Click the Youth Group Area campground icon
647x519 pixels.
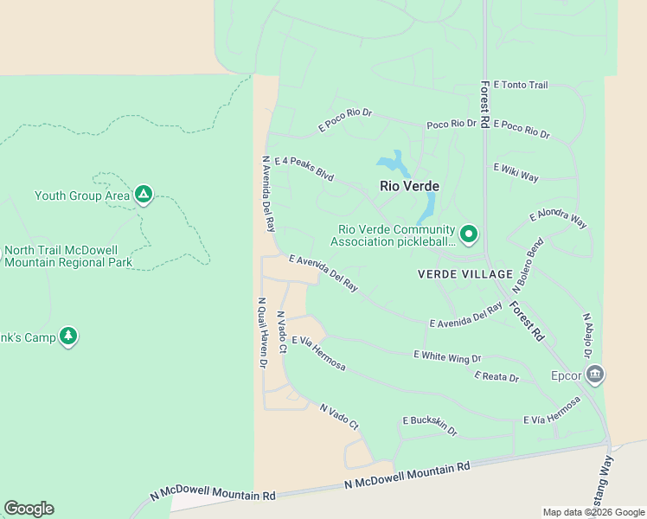144,195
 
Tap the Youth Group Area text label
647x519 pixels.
81,195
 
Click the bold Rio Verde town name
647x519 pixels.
409,186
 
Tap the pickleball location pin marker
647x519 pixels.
469,234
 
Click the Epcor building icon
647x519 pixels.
594,375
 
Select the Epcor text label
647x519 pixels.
566,375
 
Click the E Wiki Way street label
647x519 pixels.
516,172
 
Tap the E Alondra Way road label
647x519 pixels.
558,220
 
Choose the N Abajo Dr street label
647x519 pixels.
587,336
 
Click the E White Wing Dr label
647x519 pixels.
446,356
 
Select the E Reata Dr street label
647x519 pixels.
496,377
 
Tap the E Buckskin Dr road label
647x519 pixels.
429,425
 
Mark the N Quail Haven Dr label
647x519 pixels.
261,333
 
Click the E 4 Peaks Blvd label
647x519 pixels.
304,168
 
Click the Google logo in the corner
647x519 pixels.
29,509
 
